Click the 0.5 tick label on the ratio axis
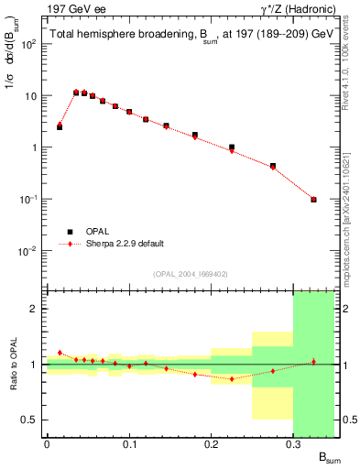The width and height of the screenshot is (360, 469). [x=32, y=420]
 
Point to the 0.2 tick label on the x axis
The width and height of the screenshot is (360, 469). [x=211, y=445]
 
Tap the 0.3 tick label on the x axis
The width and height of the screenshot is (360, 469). [x=293, y=445]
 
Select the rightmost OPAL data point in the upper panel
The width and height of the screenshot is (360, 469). [x=313, y=199]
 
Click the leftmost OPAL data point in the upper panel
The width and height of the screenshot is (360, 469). [x=60, y=127]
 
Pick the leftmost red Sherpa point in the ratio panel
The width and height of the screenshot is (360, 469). [x=60, y=352]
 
